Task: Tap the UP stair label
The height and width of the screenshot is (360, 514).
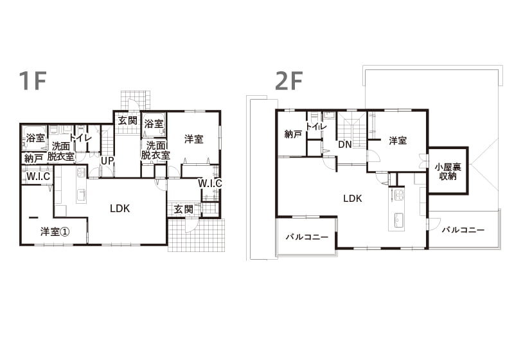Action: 107,161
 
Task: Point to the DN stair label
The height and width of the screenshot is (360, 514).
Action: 344,145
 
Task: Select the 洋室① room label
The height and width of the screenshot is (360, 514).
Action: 55,231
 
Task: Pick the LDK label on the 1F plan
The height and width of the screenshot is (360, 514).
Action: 120,208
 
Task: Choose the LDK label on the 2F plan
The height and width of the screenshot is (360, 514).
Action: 352,199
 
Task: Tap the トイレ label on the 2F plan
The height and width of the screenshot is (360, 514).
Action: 315,126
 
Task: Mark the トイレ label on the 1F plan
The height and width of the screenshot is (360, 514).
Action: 80,138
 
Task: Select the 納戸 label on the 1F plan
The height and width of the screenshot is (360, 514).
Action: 33,157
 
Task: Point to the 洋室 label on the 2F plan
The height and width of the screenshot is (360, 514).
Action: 398,141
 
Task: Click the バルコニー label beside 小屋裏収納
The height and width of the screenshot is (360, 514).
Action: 463,230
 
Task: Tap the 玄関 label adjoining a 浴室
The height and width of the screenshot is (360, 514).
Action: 127,120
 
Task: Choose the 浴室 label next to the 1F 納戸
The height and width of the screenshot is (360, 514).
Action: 35,138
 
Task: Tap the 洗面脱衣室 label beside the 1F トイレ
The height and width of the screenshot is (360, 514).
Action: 61,151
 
